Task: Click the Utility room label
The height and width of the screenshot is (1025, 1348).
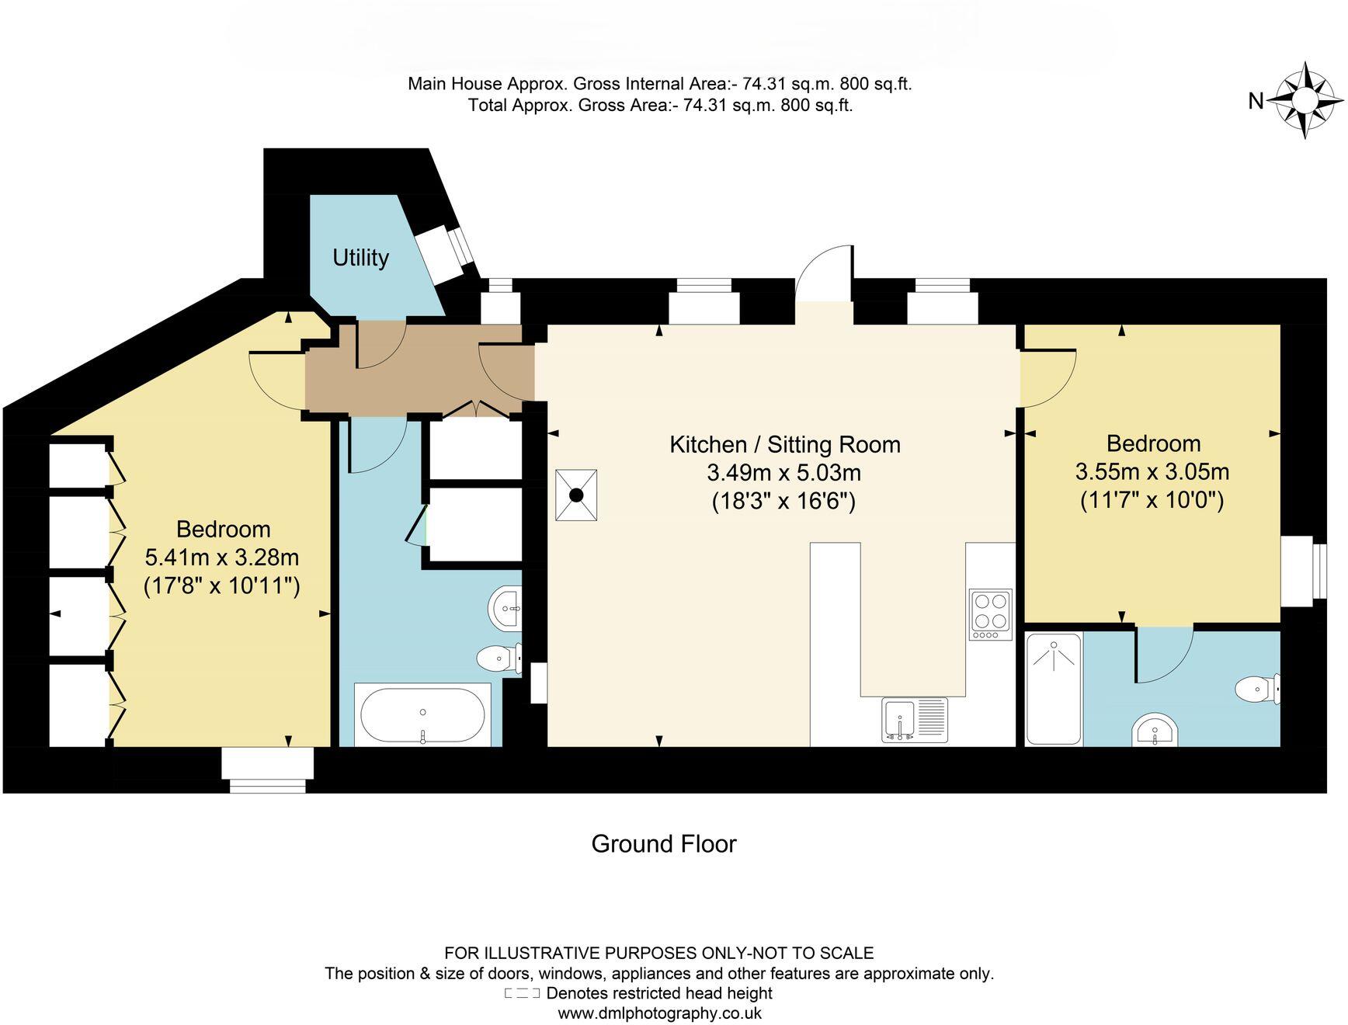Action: coord(360,258)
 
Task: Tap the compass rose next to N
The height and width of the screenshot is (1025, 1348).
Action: coord(1305,101)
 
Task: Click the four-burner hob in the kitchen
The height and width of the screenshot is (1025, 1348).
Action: coord(991,614)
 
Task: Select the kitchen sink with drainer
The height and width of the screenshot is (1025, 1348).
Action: coord(915,719)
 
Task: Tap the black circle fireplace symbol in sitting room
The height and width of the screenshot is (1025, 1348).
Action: coord(576,495)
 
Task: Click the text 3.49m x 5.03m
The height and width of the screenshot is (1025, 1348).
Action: coord(783,472)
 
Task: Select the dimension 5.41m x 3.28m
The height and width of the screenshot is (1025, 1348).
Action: coord(222,558)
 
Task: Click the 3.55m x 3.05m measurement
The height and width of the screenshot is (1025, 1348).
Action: coord(1152,471)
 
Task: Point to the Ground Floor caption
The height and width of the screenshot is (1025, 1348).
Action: coord(663,844)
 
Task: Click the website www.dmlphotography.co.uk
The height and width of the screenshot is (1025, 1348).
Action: coord(659,1013)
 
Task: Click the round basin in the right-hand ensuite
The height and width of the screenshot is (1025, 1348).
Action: coord(1155,731)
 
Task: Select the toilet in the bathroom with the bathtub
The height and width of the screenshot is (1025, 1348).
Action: coord(496,658)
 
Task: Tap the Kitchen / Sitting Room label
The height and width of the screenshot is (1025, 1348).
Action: coord(784,445)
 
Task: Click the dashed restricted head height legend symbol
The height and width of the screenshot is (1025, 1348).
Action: coord(522,993)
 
